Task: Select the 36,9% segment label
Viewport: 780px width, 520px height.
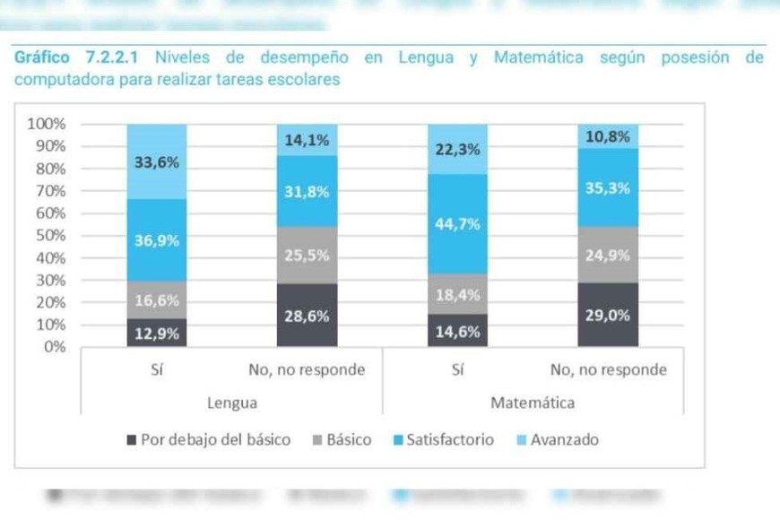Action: [157, 240]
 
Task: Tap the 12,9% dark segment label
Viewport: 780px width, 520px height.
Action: [157, 334]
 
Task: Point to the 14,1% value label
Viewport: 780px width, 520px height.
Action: [307, 140]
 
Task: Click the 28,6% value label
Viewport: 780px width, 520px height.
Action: [307, 316]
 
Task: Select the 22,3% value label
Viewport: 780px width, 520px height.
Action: [457, 151]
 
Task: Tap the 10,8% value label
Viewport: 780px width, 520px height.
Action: [607, 136]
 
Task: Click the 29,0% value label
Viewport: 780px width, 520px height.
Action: [607, 316]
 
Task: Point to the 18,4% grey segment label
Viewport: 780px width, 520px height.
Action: [457, 295]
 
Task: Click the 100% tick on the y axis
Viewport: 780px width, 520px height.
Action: [48, 124]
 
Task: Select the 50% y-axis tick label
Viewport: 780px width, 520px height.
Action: [51, 236]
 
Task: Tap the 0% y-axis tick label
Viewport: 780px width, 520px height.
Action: [55, 347]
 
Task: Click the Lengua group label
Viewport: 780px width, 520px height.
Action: [232, 403]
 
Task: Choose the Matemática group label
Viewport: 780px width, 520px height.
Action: [533, 403]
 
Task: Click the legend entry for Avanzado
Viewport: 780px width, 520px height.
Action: [564, 440]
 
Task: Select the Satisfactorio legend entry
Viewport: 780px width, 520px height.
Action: [449, 440]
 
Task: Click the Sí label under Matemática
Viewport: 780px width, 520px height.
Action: [457, 370]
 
